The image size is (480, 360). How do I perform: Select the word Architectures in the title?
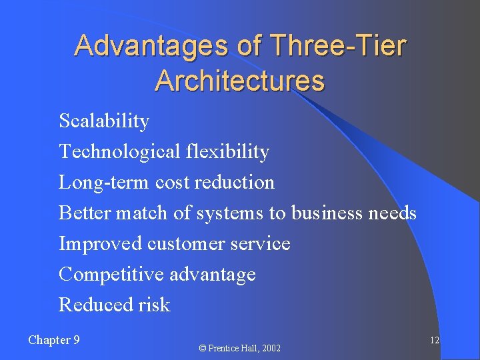click(x=239, y=81)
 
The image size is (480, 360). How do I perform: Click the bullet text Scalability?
click(x=104, y=121)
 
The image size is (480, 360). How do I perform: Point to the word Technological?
click(x=117, y=152)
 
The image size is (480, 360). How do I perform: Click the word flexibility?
click(x=225, y=152)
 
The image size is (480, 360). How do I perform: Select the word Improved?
click(x=99, y=244)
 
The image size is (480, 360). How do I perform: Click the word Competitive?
click(x=111, y=275)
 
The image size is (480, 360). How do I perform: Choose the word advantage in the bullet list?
click(x=213, y=275)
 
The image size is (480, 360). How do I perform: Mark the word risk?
click(x=155, y=305)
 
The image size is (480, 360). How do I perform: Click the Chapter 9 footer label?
click(x=54, y=340)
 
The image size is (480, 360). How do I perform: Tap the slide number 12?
click(x=434, y=341)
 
